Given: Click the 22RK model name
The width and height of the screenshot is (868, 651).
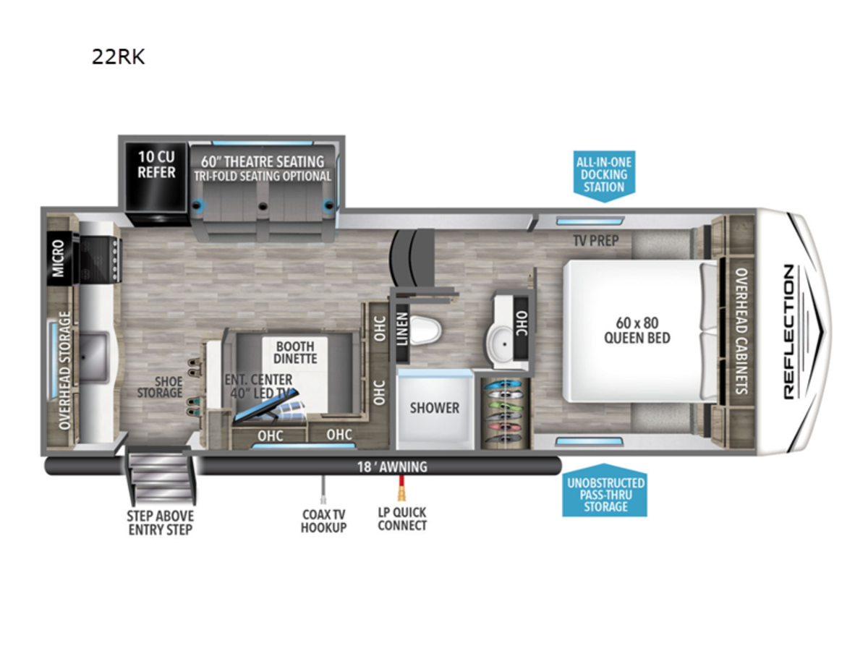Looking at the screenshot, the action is tap(118, 56).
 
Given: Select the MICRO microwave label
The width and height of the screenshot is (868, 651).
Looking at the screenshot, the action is tap(59, 258).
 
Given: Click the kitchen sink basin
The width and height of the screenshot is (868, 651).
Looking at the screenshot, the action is tap(93, 357).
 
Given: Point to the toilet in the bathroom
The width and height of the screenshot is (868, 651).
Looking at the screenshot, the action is tap(425, 330).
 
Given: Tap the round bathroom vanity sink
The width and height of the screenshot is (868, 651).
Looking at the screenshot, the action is tap(502, 344).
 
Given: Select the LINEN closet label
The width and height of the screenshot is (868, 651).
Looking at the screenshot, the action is tap(401, 329).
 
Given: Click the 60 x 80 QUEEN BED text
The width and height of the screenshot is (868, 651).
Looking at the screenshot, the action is tap(637, 331).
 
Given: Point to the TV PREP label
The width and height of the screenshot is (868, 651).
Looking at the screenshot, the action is tap(596, 240).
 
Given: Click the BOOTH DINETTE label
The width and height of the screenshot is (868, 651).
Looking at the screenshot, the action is tap(295, 352).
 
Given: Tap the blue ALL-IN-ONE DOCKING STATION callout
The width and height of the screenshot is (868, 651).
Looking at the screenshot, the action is tap(604, 176).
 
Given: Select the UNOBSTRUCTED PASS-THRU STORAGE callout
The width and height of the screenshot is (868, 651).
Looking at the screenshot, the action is tap(605, 490).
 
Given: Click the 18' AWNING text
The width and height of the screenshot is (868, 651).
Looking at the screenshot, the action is tap(392, 467).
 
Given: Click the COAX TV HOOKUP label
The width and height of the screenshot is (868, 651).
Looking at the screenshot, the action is tap(323, 521).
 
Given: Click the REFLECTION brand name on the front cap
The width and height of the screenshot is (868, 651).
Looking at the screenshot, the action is tap(789, 331).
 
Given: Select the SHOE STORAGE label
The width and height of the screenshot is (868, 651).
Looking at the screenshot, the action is tap(160, 387).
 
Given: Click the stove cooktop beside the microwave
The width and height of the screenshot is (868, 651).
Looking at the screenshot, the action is tap(99, 259).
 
